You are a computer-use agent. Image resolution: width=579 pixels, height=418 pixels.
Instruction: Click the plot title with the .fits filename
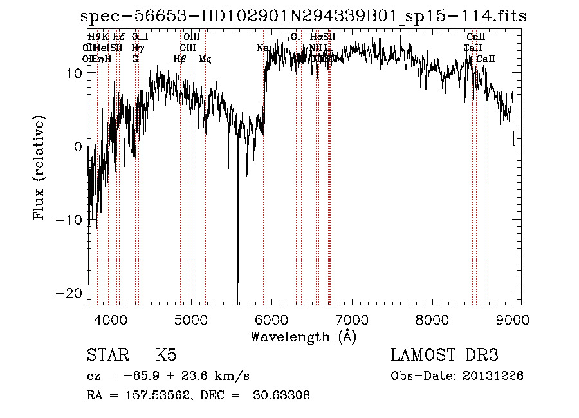pyautogui.click(x=304, y=17)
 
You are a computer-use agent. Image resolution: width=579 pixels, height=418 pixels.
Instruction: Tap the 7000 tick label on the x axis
pyautogui.click(x=352, y=319)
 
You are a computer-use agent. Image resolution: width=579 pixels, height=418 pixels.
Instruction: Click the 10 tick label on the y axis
pyautogui.click(x=74, y=73)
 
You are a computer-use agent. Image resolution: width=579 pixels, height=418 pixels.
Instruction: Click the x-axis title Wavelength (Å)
pyautogui.click(x=303, y=336)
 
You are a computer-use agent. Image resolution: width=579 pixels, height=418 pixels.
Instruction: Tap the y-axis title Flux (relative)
pyautogui.click(x=41, y=169)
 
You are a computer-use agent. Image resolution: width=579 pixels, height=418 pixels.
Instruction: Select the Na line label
pyautogui.click(x=262, y=48)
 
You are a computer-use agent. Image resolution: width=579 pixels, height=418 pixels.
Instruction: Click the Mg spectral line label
pyautogui.click(x=205, y=59)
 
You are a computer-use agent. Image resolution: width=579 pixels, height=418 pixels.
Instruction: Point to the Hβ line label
pyautogui.click(x=179, y=59)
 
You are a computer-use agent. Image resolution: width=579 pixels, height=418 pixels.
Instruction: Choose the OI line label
pyautogui.click(x=296, y=37)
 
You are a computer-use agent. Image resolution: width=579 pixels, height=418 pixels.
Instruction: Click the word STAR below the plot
pyautogui.click(x=107, y=356)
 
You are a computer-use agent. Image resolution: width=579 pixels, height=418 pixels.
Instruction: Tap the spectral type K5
pyautogui.click(x=166, y=356)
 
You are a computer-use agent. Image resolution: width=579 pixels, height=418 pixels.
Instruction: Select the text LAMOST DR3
pyautogui.click(x=445, y=356)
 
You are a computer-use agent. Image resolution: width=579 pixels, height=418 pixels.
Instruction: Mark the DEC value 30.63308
pyautogui.click(x=282, y=395)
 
